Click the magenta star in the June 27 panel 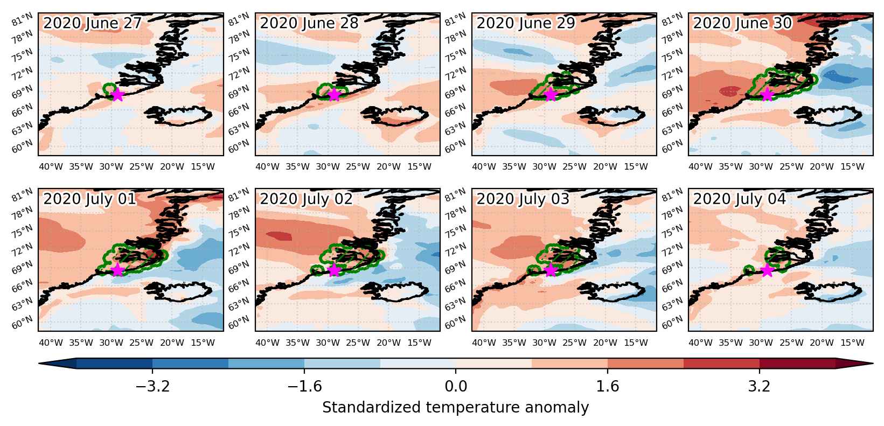click(117, 95)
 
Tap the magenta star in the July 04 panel click(767, 270)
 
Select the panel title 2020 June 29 click(526, 23)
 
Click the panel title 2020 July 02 click(306, 199)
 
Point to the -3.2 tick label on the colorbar click(152, 386)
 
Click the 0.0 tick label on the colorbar click(456, 386)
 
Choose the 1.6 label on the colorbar click(607, 386)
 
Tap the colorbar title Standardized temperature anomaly click(455, 408)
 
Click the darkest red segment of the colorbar click(797, 364)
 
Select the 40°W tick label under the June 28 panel click(267, 167)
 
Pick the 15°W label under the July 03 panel click(636, 343)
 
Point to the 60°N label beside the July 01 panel click(22, 322)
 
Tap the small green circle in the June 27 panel click(109, 88)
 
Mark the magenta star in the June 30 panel click(767, 95)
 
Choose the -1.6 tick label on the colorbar click(304, 386)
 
